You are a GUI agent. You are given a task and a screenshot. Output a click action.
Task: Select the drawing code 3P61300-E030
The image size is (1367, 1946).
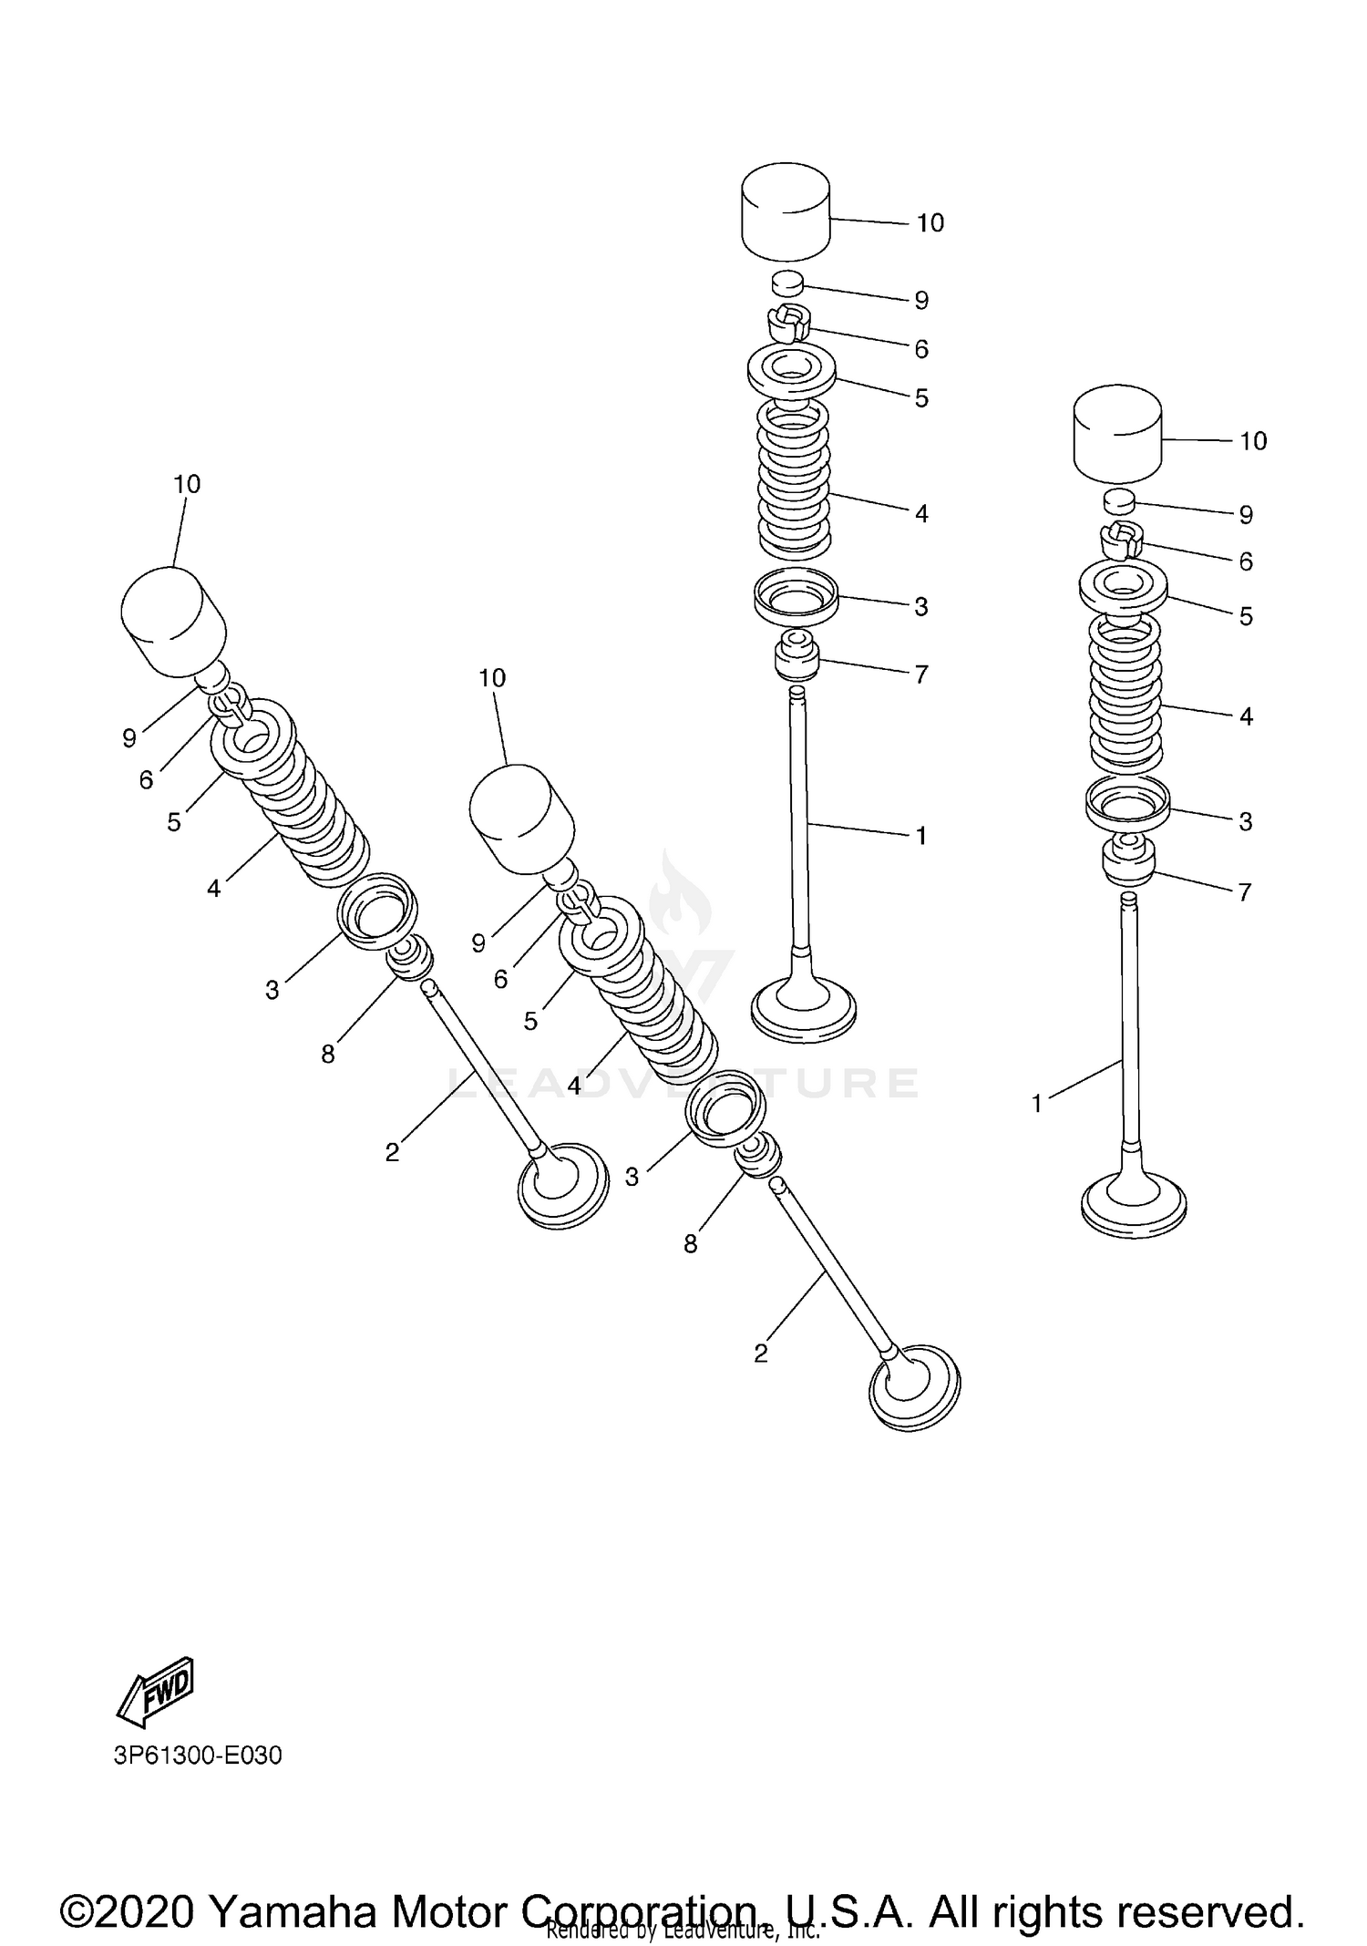coord(198,1755)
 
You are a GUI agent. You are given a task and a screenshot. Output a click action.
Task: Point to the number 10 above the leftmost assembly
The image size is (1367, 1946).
coord(187,484)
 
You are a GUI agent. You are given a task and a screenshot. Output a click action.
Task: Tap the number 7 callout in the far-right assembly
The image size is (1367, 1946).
coord(1245,892)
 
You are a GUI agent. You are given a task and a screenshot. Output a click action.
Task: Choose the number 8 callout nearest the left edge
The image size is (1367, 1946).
coord(328,1054)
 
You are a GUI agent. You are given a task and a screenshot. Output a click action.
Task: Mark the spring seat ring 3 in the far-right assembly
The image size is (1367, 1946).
coord(1127,801)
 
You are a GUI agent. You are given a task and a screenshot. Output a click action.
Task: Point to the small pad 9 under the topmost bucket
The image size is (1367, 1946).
coord(787,283)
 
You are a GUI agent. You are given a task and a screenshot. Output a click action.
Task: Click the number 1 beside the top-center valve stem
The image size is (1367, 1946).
coord(921,835)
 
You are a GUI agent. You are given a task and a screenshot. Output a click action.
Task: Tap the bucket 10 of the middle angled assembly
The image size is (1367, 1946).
coord(521,814)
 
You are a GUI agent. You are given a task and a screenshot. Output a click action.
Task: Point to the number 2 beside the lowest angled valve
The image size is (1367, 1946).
coord(762,1354)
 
